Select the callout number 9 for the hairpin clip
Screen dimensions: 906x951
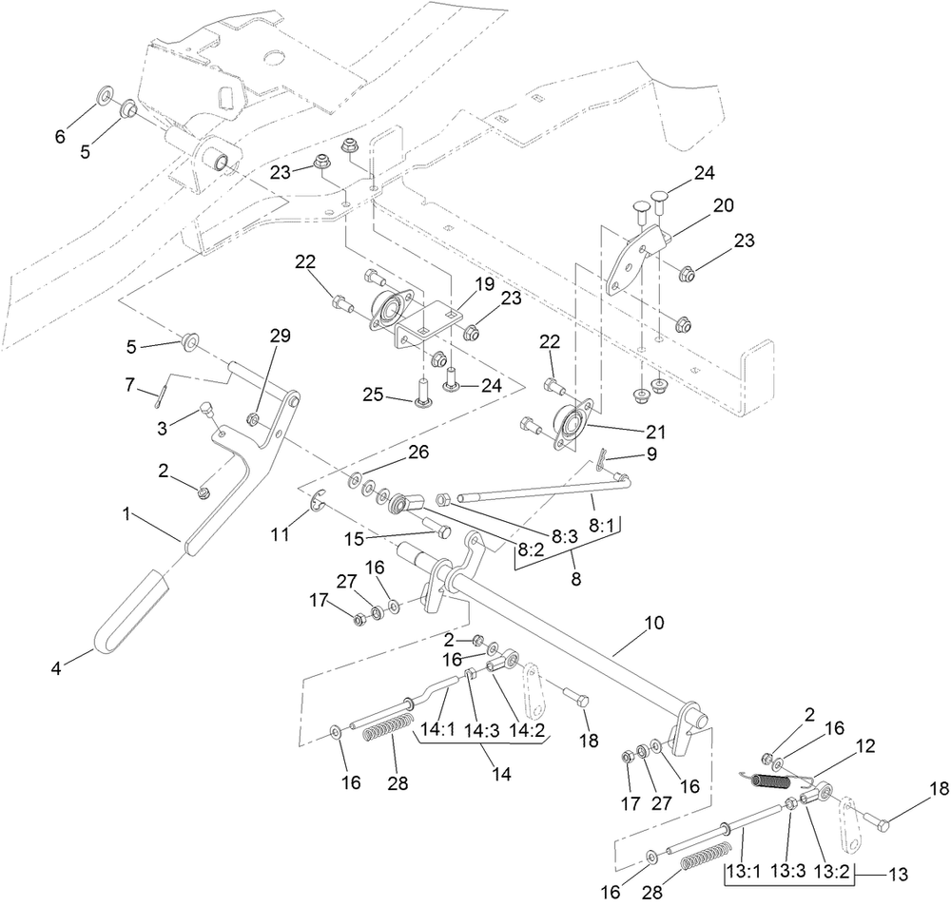click(651, 454)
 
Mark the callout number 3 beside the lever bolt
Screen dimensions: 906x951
click(164, 429)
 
